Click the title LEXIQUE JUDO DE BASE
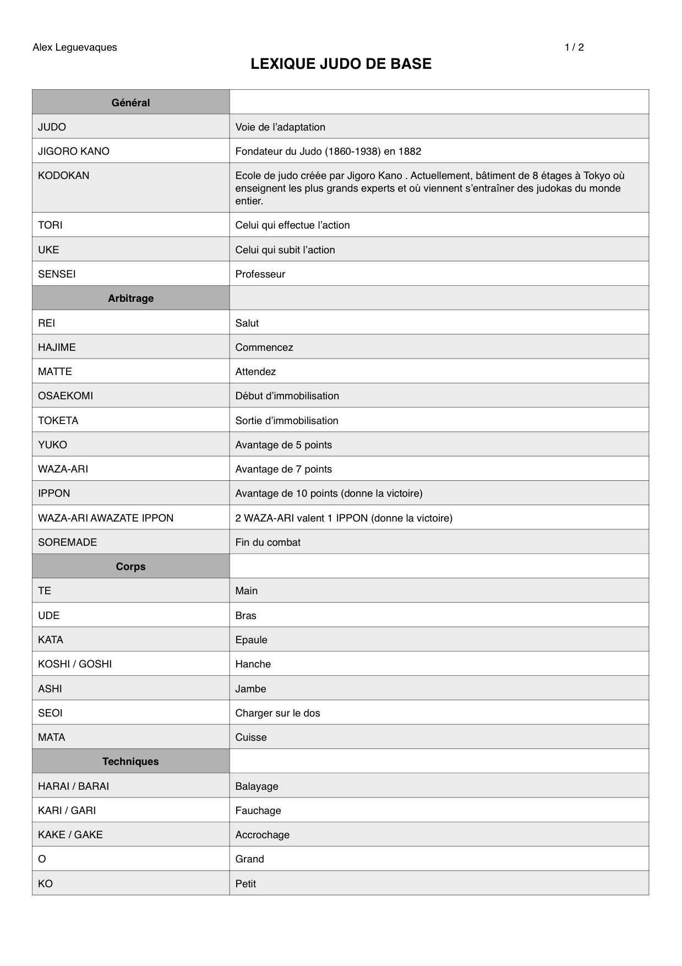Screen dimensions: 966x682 pos(341,64)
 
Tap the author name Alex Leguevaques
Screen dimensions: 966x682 pos(75,47)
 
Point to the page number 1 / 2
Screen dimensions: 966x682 pos(574,47)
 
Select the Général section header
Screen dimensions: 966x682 pos(130,102)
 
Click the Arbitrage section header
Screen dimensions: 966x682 pos(130,298)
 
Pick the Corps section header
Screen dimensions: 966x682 pos(130,566)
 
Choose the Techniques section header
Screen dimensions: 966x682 pos(130,761)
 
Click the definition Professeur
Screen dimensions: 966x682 pos(260,274)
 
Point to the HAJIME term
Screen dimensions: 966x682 pos(57,347)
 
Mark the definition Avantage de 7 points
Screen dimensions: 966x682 pos(283,469)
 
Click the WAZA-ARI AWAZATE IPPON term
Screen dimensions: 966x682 pos(106,518)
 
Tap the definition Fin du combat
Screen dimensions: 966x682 pos(268,542)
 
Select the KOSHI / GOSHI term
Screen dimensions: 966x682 pos(75,664)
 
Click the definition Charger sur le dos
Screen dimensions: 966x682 pos(277,713)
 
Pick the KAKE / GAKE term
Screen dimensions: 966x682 pos(70,834)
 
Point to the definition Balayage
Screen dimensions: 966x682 pos(257,786)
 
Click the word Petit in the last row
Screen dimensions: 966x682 pos(245,883)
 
